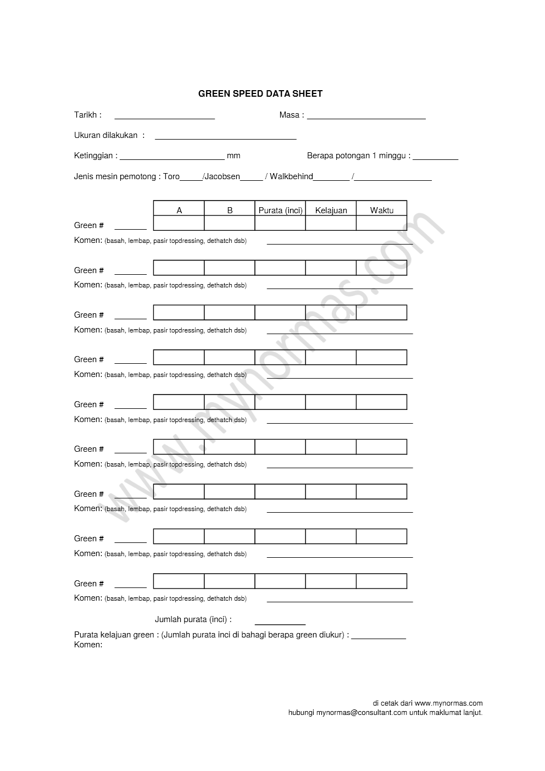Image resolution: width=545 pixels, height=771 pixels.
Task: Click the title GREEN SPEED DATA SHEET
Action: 260,94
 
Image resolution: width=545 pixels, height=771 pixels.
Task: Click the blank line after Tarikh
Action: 164,117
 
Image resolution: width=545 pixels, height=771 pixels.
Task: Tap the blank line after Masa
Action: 366,117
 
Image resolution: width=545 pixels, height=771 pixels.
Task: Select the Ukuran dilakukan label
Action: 106,135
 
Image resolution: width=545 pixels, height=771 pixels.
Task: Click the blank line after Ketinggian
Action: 172,158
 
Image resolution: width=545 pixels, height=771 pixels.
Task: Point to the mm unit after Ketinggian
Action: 233,156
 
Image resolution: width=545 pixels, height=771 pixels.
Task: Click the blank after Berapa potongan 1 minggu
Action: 435,158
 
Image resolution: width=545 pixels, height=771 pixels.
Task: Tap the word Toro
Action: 171,177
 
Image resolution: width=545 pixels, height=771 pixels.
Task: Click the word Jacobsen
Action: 222,177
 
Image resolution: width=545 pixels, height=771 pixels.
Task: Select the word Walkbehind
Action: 291,177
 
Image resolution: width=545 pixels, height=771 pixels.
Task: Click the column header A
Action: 179,210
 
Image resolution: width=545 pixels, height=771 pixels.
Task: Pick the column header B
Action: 230,210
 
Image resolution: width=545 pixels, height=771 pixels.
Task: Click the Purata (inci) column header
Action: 280,210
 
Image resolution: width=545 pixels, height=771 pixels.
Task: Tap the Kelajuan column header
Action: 331,210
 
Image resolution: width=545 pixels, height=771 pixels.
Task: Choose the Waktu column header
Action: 381,210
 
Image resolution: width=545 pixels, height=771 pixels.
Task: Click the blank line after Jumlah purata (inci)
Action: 280,623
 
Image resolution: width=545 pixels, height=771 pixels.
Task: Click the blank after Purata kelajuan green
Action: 378,637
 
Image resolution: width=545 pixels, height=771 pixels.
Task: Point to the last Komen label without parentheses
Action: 88,645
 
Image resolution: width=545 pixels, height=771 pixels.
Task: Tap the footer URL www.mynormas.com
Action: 448,703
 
